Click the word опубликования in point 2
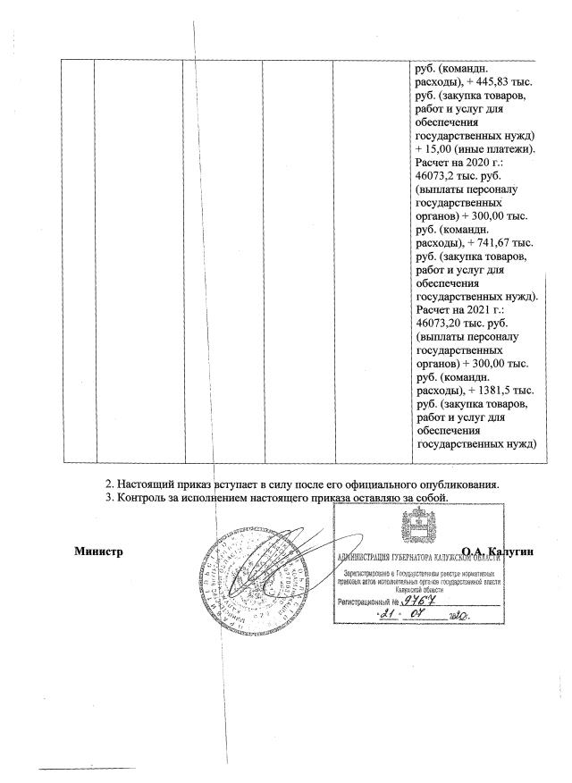(x=453, y=484)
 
